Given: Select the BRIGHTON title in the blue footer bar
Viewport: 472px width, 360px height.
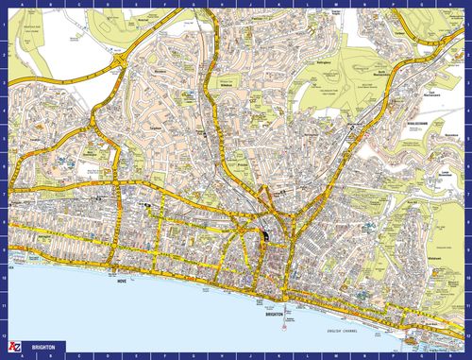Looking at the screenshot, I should pos(42,348).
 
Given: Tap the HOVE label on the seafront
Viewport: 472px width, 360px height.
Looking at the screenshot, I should pos(121,282).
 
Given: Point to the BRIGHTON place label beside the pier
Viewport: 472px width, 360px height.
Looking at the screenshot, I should pos(267,300).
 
